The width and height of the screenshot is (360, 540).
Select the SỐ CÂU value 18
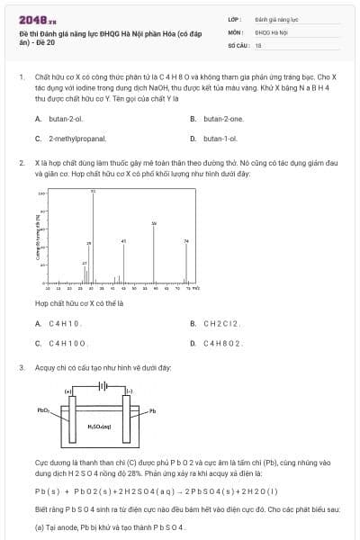coord(258,44)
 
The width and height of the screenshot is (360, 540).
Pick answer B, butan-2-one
coord(216,119)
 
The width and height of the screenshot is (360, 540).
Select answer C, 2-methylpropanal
coord(70,139)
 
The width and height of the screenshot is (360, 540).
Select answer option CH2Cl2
coord(215,323)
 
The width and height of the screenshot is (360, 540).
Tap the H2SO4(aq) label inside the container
coord(99,426)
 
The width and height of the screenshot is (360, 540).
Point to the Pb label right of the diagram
coord(153,411)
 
